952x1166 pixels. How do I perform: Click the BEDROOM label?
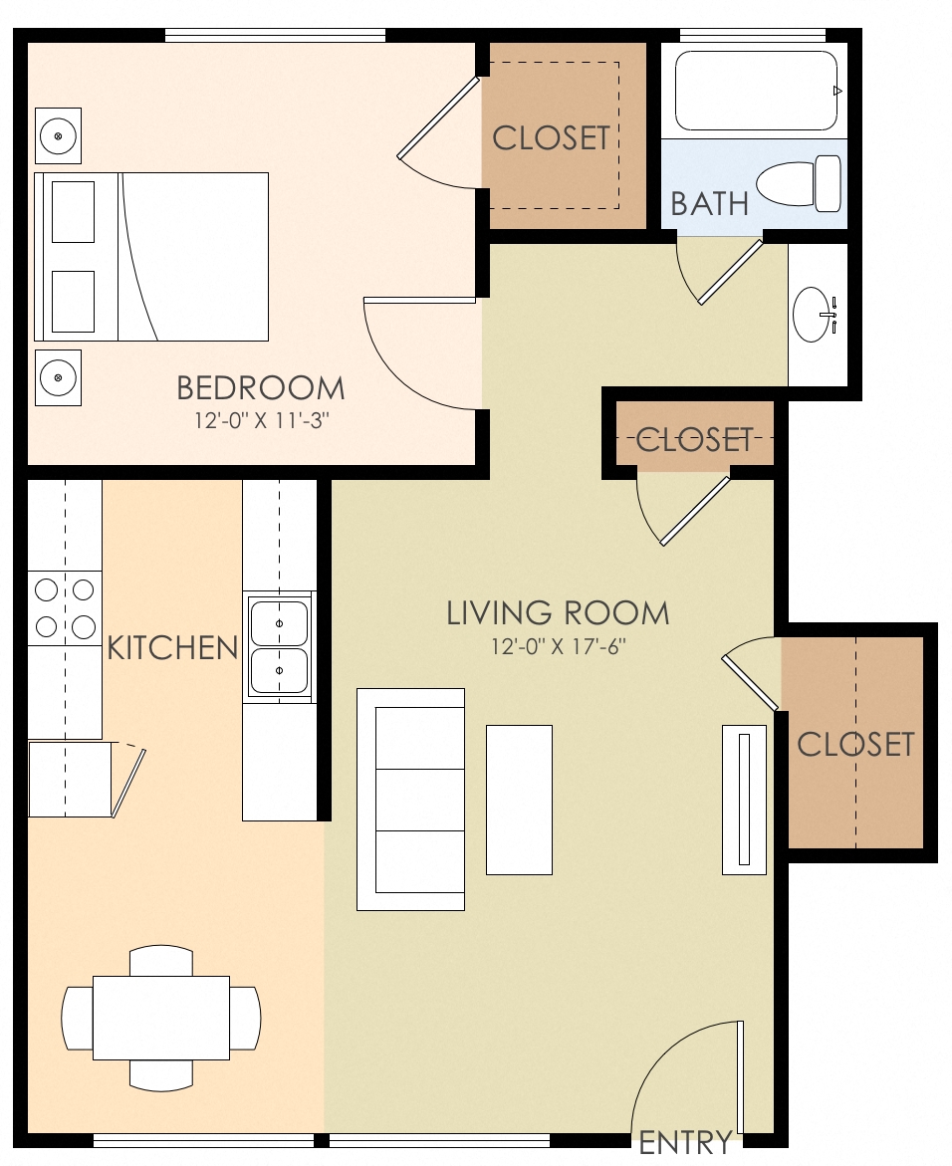pos(260,387)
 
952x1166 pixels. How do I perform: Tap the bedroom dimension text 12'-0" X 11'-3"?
pos(260,420)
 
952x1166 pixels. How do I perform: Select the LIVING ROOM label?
pos(557,612)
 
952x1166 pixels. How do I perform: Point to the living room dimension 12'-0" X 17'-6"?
pos(557,646)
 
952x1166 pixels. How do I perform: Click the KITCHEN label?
pos(172,648)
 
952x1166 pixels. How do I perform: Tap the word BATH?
pos(709,203)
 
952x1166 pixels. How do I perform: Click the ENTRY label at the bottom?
pos(685,1141)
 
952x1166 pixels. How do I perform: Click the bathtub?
pos(756,91)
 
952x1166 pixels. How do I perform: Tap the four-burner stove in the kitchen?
pos(65,608)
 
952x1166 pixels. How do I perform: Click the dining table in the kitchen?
pos(161,1018)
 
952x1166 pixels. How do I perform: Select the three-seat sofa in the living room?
pos(411,799)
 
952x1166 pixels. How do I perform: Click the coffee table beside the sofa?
pos(519,800)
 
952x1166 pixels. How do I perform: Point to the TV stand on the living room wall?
pos(744,800)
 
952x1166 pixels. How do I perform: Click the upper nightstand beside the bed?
pos(59,135)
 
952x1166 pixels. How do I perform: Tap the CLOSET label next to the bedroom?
pos(551,138)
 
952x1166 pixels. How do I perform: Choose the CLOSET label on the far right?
pos(855,744)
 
